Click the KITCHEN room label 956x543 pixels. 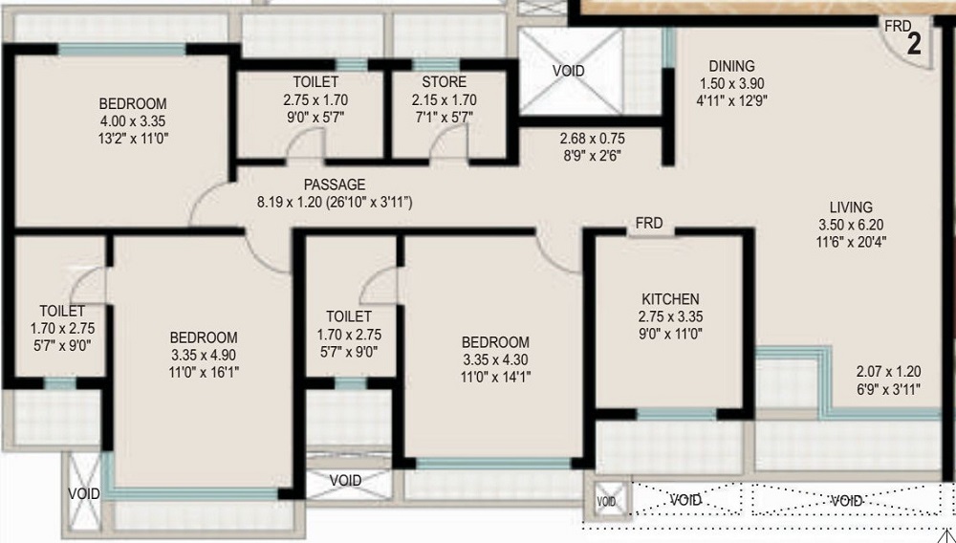[670, 299]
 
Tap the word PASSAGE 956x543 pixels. [335, 185]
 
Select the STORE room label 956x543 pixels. [444, 82]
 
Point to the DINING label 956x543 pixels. [731, 66]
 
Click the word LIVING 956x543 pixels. [851, 207]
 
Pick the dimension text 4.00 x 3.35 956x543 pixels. [133, 121]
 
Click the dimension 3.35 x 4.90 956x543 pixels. [204, 355]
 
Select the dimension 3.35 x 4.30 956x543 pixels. [495, 359]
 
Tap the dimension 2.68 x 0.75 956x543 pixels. [592, 139]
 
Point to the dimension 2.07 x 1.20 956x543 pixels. [888, 372]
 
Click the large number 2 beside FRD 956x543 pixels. [914, 45]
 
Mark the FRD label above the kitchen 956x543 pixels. [649, 224]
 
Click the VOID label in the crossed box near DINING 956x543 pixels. [568, 72]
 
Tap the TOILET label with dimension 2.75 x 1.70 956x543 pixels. [315, 82]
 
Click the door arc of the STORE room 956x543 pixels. [449, 145]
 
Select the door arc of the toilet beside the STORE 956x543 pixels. [306, 145]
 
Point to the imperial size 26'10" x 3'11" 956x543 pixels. [369, 202]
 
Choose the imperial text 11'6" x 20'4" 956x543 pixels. [851, 242]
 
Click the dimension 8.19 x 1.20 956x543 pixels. [289, 202]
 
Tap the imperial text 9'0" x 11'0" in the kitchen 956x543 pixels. [671, 334]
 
